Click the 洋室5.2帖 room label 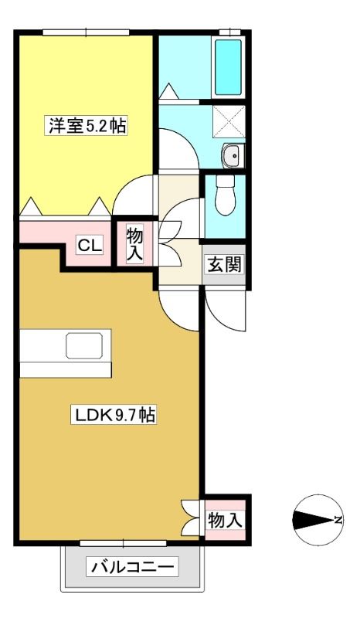tap(87, 126)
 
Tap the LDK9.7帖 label tap(114, 415)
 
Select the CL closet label tap(90, 246)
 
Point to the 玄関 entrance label tap(224, 264)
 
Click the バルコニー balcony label tap(132, 568)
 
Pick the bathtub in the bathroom tap(229, 67)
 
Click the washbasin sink tap(233, 156)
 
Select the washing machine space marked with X tap(229, 121)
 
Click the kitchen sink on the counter tap(84, 345)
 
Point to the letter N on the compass tap(338, 520)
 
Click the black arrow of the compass tap(314, 520)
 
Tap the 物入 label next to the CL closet tap(134, 244)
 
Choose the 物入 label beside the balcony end tap(225, 520)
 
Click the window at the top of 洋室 tap(86, 32)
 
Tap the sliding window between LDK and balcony tap(123, 543)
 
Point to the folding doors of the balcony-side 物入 tap(190, 518)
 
